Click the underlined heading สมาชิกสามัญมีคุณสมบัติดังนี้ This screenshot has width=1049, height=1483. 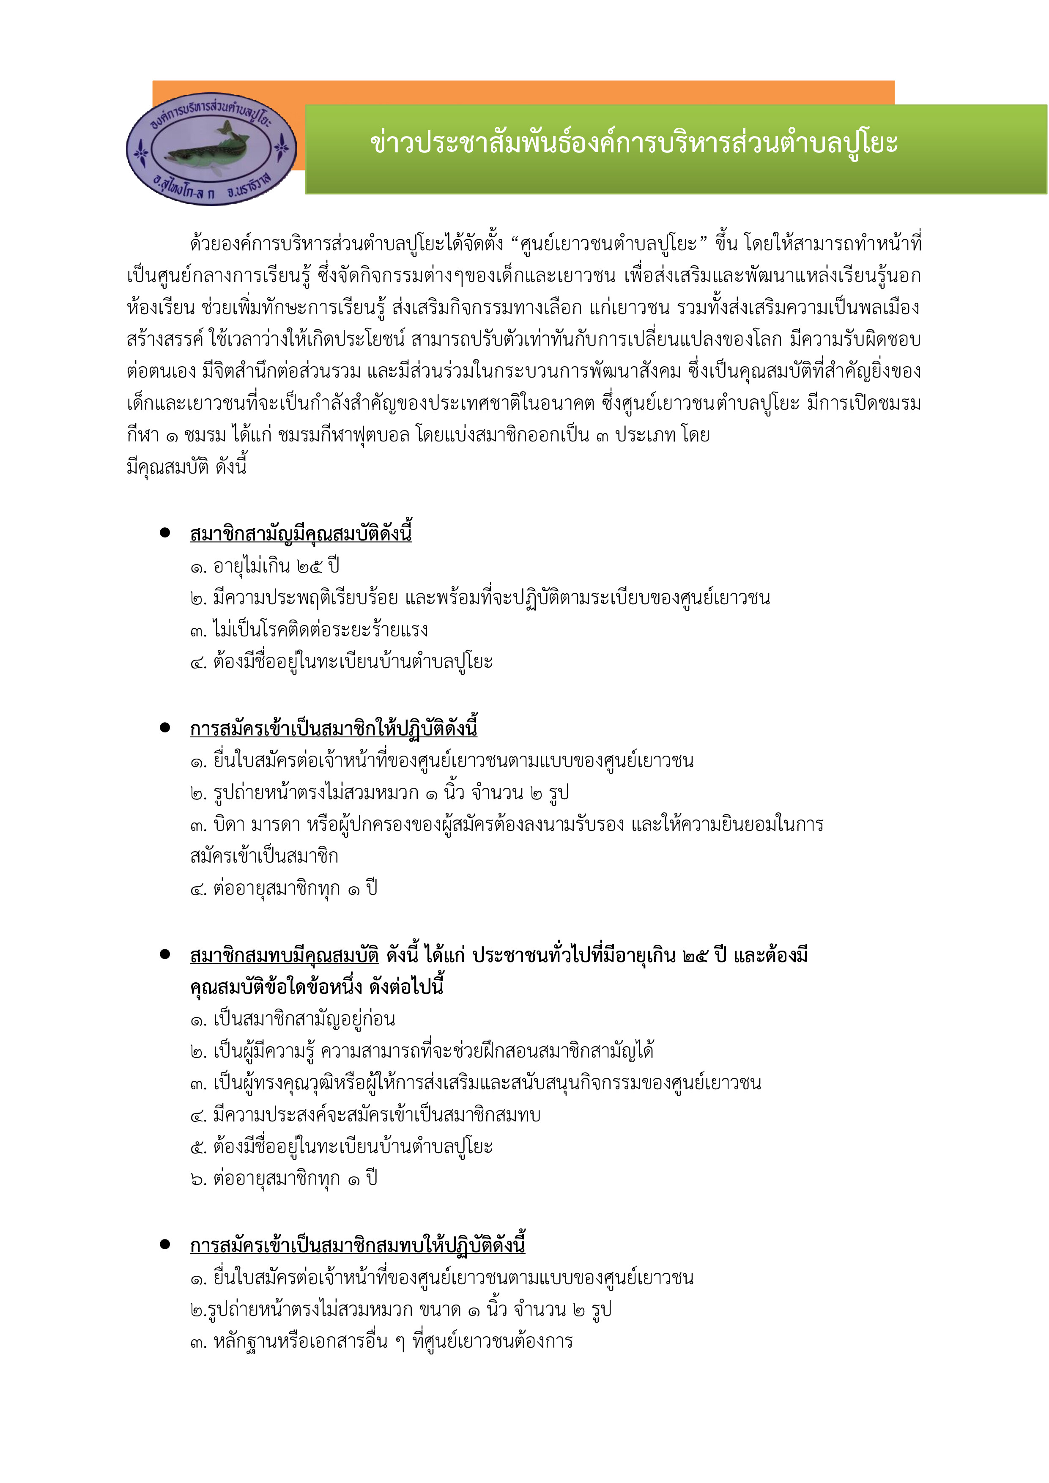point(300,534)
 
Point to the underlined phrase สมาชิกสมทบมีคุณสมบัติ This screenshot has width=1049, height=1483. point(284,955)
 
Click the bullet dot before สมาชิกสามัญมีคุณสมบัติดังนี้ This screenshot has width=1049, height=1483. point(165,533)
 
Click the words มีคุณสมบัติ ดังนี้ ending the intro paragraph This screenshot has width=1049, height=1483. point(187,466)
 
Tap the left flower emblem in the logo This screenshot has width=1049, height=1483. point(141,152)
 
